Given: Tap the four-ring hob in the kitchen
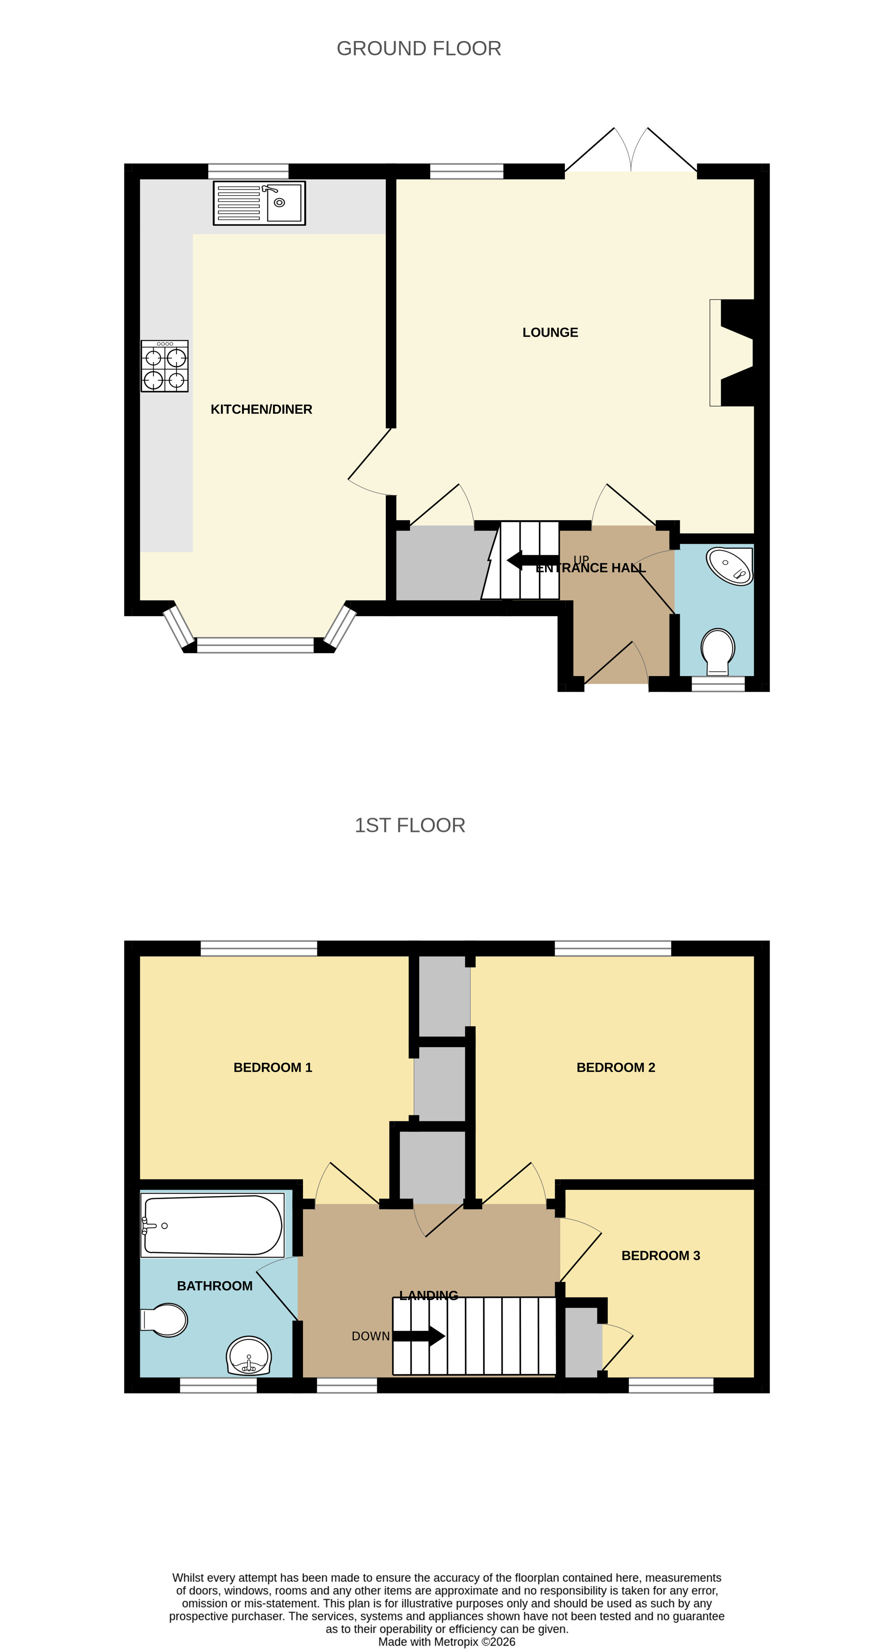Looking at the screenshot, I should pos(165,365).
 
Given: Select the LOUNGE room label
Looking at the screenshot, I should pos(550,332).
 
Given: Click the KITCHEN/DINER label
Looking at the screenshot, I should pos(261,409).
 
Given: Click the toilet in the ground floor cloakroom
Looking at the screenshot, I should pos(718,650).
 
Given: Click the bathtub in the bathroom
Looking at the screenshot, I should pos(213,1225).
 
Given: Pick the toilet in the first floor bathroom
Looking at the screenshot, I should pos(165,1319).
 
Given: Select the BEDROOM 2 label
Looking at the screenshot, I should pos(616,1067).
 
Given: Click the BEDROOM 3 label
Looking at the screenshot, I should pos(660,1255).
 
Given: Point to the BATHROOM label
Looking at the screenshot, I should pos(214,1285).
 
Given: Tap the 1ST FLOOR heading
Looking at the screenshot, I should pos(410,825).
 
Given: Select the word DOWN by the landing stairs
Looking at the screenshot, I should pos(370,1336).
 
